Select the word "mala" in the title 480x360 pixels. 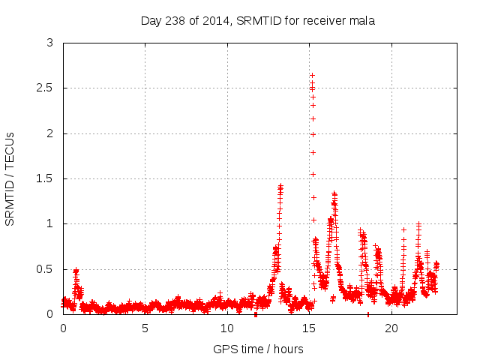coord(361,20)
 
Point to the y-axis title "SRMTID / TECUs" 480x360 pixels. coord(10,178)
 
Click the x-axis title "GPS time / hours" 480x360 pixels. coord(258,349)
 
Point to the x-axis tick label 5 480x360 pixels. coord(145,328)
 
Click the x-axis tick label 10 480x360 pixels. coord(227,328)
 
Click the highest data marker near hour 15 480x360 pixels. coord(312,75)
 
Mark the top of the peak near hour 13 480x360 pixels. coord(280,185)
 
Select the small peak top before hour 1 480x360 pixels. coord(76,270)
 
